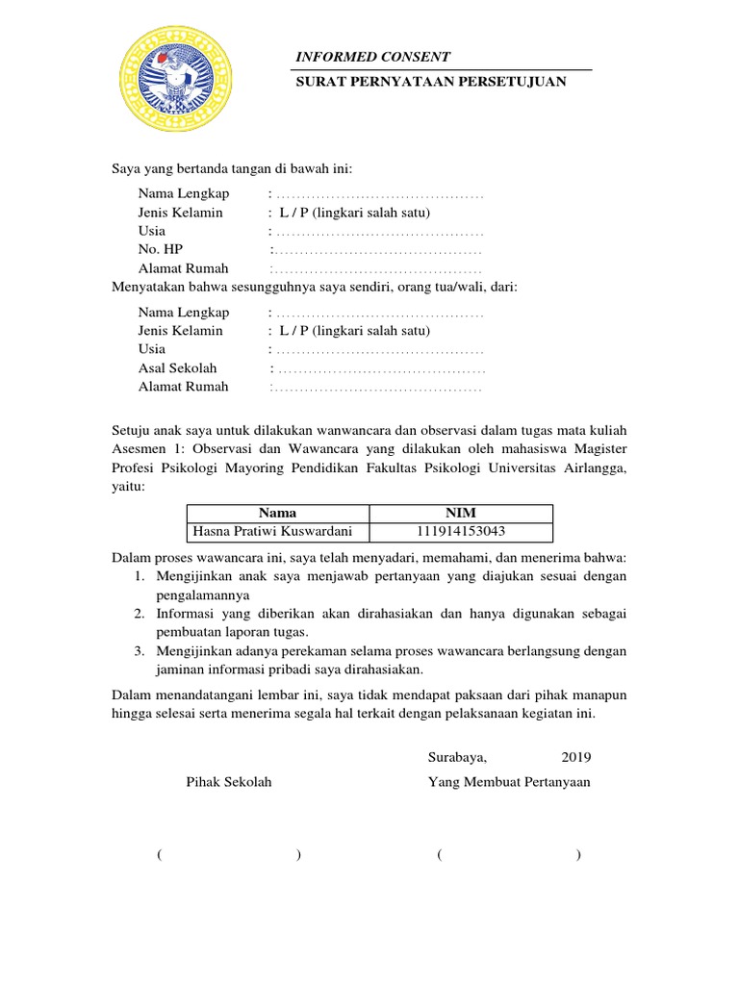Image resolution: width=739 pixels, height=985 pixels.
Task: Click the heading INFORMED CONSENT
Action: click(x=372, y=58)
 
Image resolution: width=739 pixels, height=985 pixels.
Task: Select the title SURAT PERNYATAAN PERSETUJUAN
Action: click(x=430, y=82)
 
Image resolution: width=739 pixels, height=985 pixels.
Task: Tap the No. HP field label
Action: click(x=160, y=250)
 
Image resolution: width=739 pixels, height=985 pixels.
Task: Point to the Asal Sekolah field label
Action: click(x=177, y=368)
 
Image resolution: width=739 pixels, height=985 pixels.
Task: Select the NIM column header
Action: click(x=462, y=513)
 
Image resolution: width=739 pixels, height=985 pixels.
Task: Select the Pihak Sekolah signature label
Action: click(x=228, y=782)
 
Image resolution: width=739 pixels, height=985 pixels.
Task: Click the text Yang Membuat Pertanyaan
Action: click(x=509, y=782)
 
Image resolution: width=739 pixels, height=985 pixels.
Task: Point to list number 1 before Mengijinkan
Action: click(x=139, y=576)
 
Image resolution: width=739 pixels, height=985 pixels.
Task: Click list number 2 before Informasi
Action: click(x=139, y=614)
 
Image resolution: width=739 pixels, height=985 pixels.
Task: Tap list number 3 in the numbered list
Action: click(x=139, y=651)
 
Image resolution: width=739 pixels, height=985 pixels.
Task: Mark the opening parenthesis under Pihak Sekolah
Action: click(x=157, y=855)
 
